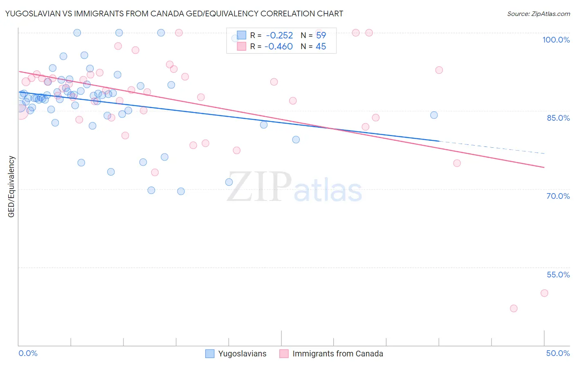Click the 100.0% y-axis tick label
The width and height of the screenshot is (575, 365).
pyautogui.click(x=556, y=40)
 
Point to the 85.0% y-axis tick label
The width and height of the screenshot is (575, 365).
pyautogui.click(x=558, y=118)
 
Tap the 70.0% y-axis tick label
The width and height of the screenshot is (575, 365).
pyautogui.click(x=558, y=196)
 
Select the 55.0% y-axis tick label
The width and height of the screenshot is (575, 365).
pyautogui.click(x=558, y=275)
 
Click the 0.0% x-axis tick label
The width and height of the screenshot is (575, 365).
pyautogui.click(x=28, y=353)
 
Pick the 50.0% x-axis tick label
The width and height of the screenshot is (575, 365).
pyautogui.click(x=558, y=353)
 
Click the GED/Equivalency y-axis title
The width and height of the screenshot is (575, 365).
pyautogui.click(x=11, y=187)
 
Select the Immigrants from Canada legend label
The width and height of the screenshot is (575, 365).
pyautogui.click(x=338, y=354)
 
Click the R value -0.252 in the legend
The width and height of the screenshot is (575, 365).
pyautogui.click(x=279, y=36)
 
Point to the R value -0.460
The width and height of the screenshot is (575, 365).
pyautogui.click(x=279, y=47)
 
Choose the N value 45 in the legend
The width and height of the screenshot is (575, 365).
pyautogui.click(x=321, y=47)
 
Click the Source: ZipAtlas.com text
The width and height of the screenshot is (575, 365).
pyautogui.click(x=538, y=14)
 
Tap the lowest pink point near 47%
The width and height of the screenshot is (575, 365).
pyautogui.click(x=514, y=309)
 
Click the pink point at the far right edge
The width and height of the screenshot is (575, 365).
pyautogui.click(x=544, y=293)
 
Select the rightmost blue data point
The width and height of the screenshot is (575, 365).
pyautogui.click(x=434, y=115)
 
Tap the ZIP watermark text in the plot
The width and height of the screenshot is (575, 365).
pyautogui.click(x=259, y=187)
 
